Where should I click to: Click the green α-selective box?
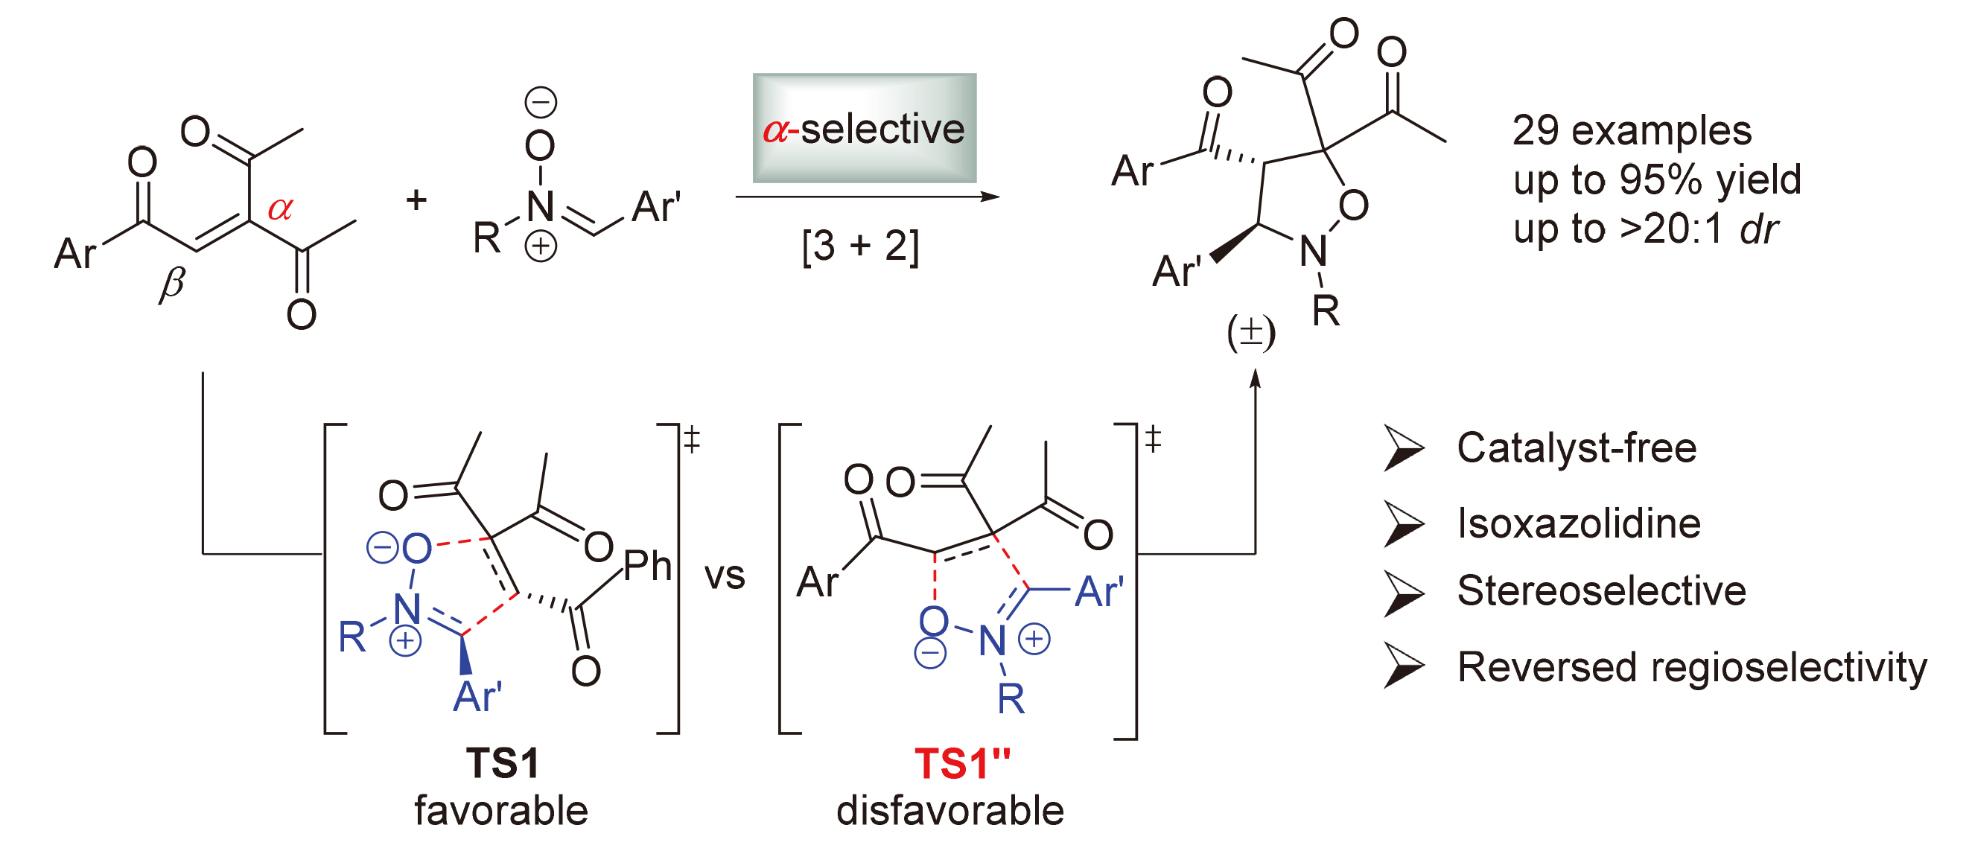point(864,127)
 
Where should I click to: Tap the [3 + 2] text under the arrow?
point(860,246)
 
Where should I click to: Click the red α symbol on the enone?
point(280,208)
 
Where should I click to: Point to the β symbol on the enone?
point(173,285)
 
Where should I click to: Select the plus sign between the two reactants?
point(416,200)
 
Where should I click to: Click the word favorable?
point(501,810)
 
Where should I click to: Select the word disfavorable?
point(950,810)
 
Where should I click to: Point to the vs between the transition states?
point(725,576)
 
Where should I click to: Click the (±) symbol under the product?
point(1251,333)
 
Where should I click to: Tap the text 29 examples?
point(1632,130)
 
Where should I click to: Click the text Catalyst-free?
point(1577,447)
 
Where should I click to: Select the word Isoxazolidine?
point(1578,523)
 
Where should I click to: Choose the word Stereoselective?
point(1601,590)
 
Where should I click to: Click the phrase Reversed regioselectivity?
point(1691,667)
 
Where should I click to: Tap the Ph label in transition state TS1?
point(647,566)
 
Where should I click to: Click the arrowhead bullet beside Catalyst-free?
point(1403,449)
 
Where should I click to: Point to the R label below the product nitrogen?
point(1326,310)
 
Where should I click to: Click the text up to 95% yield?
point(1656,180)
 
